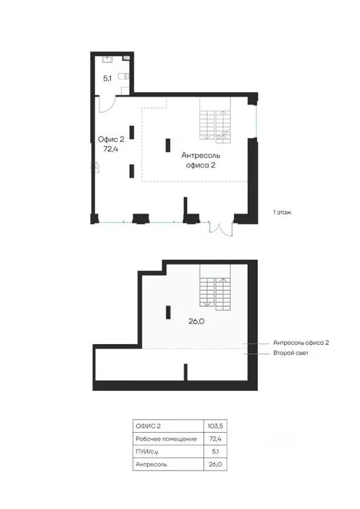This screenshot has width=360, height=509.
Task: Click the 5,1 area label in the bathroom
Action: click(107, 78)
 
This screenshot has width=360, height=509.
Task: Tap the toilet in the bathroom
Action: click(123, 76)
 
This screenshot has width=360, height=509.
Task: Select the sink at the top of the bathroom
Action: click(107, 59)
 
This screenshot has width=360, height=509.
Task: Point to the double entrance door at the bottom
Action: click(221, 228)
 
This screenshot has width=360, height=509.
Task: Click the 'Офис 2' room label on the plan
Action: click(111, 139)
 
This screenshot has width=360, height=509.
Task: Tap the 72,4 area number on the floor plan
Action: click(110, 149)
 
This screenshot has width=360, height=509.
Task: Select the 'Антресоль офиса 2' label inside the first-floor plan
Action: click(201, 160)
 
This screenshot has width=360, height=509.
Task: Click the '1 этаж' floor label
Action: click(282, 212)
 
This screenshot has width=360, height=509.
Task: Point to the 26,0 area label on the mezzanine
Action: click(196, 321)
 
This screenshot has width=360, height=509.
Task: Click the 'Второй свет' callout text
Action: click(291, 353)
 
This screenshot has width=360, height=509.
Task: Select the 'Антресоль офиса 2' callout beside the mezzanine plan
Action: click(301, 343)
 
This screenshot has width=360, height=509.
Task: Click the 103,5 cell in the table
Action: click(215, 426)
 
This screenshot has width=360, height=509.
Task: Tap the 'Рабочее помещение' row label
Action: click(166, 439)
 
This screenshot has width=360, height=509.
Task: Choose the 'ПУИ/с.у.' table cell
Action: click(147, 451)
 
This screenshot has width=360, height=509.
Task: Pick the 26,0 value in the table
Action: click(215, 464)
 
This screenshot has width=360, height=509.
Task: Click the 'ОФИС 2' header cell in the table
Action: click(148, 426)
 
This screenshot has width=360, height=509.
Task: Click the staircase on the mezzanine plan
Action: click(215, 287)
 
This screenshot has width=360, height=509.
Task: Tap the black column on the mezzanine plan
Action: click(168, 312)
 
